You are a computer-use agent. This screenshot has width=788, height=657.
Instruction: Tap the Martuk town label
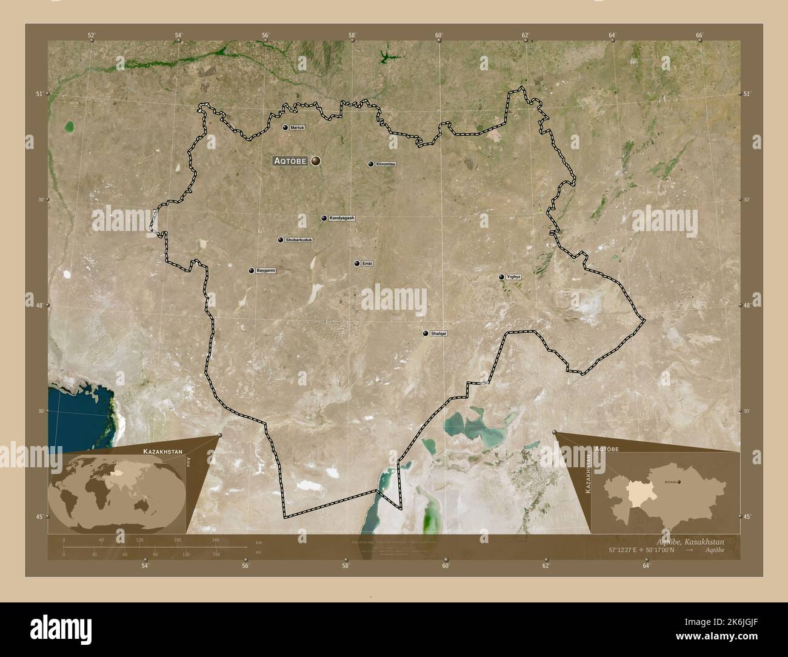(x=298, y=128)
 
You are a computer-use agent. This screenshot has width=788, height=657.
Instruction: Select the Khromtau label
(x=386, y=164)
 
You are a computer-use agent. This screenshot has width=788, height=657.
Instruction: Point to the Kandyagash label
(x=342, y=218)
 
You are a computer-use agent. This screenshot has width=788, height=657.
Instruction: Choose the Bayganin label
(x=265, y=270)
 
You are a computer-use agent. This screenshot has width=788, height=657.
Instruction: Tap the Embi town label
(x=367, y=264)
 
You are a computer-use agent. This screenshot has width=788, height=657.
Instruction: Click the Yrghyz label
(x=514, y=277)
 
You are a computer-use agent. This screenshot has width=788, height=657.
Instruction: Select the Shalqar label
(x=438, y=333)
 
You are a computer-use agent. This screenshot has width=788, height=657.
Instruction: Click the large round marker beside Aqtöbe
(x=316, y=161)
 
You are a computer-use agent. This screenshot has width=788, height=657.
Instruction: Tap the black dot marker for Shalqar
(x=426, y=333)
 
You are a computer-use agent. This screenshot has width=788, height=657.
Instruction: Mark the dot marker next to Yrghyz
(x=501, y=277)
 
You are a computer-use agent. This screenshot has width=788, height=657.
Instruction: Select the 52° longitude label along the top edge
(x=92, y=35)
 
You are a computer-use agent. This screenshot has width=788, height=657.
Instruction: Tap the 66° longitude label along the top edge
(x=699, y=35)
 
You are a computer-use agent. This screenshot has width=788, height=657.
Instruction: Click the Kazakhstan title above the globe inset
(x=161, y=452)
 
